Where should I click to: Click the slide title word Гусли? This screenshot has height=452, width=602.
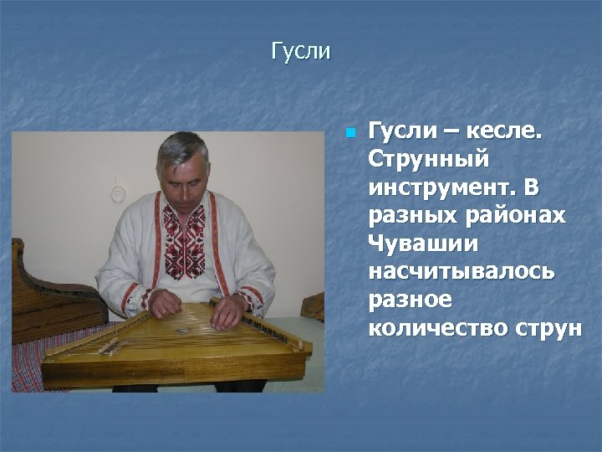[301, 52]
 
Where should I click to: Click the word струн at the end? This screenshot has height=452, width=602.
[548, 328]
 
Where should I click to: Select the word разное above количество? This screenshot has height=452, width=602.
[410, 300]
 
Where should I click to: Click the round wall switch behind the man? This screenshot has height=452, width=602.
[119, 193]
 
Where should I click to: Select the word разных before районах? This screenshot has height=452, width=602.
[411, 215]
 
